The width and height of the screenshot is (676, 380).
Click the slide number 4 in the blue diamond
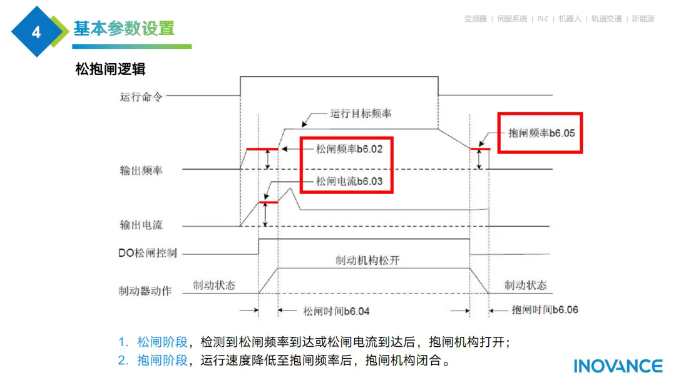pos(36,32)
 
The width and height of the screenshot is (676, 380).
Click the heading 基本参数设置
pos(124,29)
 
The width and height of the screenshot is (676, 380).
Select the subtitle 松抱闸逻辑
pos(110,69)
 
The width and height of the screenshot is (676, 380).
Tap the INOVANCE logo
pos(618,366)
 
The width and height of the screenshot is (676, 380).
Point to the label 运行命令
pos(141,97)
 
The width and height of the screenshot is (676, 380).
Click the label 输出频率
pos(141,170)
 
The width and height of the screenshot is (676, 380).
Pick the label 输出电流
pos(141,225)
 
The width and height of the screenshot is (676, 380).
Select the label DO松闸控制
pos(148,253)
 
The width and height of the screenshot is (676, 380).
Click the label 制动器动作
pos(145,291)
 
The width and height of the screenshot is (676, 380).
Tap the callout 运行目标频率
pos(361,114)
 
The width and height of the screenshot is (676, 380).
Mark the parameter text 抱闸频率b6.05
pos(541,133)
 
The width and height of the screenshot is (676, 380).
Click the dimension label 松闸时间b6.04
pos(336,311)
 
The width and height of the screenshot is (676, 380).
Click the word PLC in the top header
pos(543,19)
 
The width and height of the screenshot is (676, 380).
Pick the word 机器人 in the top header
pos(570,19)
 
